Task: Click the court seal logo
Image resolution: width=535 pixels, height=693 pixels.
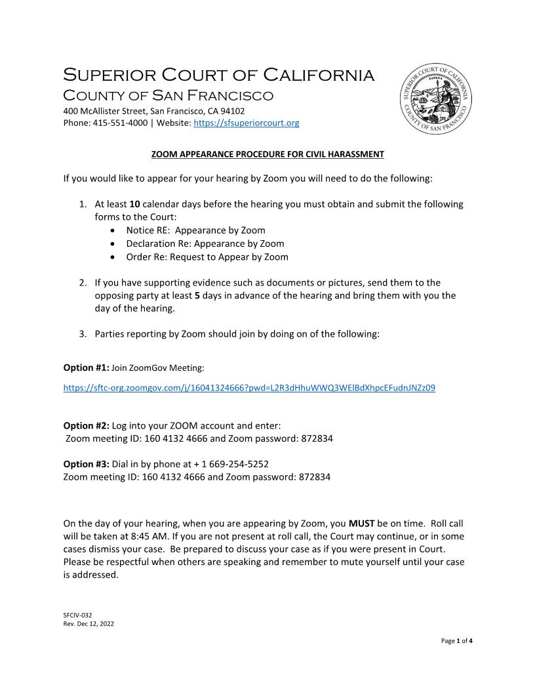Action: [x=436, y=100]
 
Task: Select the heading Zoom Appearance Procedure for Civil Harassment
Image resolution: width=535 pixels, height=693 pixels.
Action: [x=267, y=154]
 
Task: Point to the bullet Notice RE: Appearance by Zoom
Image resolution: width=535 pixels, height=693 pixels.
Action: [x=195, y=230]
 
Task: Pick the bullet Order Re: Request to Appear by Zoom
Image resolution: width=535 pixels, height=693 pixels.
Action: [x=207, y=257]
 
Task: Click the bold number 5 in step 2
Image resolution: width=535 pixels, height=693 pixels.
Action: [x=197, y=295]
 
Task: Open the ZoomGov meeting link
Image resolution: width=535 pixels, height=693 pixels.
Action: [x=249, y=388]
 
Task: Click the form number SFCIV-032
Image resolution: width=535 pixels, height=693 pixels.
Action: [x=78, y=615]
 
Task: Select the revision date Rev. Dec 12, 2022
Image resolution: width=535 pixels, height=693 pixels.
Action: [x=89, y=624]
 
